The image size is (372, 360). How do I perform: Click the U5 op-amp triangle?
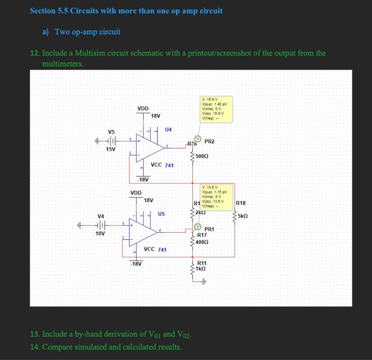pos(143,231)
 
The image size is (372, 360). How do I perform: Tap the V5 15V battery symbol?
pos(111,141)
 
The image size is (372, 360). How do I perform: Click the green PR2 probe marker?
pos(197,140)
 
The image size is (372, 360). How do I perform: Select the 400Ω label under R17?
pos(202,242)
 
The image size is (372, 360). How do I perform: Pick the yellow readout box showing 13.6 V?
pos(216,195)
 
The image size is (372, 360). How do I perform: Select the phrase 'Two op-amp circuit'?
pos(88,32)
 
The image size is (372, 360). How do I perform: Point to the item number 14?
pos(35,347)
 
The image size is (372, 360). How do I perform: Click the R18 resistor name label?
pos(240,203)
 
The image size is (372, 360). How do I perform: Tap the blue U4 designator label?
pos(168,129)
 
